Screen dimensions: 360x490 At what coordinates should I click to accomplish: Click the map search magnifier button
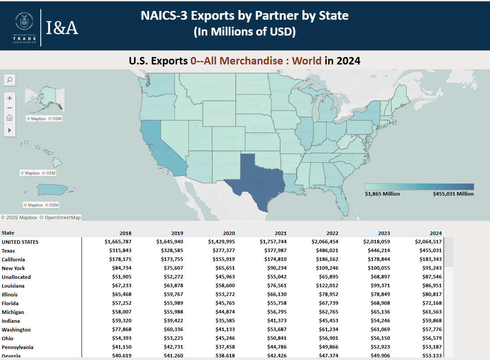[10, 80]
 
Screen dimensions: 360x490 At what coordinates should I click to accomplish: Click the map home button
[10, 118]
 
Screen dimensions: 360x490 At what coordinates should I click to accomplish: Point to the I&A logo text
[62, 28]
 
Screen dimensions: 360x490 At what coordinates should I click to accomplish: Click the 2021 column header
[281, 233]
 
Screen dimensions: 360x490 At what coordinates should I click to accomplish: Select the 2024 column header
[436, 233]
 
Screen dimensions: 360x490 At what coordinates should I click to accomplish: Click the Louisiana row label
[13, 286]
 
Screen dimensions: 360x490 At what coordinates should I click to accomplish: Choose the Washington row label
[16, 330]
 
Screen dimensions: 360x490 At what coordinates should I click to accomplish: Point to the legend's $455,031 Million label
[453, 194]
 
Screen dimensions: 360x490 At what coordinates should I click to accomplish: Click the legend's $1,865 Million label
[382, 194]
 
